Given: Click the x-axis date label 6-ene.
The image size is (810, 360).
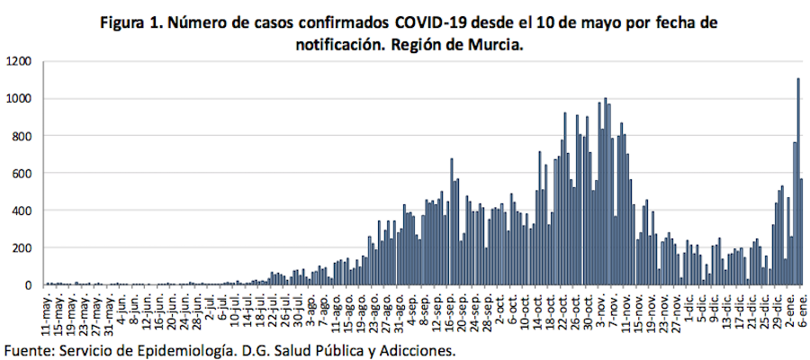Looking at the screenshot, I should [802, 307].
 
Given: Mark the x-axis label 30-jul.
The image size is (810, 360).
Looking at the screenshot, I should [298, 309].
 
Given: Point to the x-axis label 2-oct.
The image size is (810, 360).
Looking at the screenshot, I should [499, 307].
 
